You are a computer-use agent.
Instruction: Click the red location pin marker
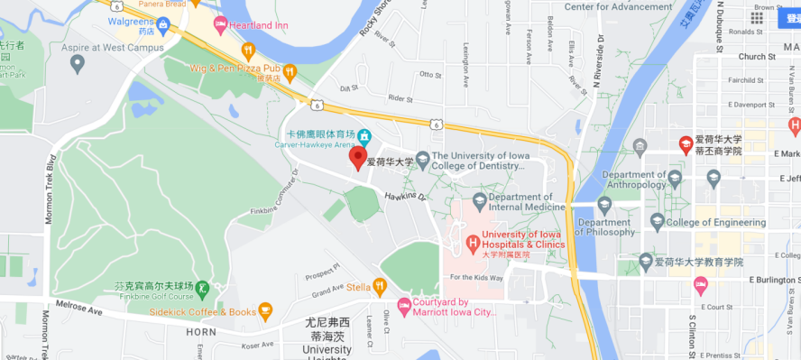pos(358,157)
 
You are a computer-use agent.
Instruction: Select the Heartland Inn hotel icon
pos(219,24)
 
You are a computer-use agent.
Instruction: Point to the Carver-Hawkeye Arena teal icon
pos(364,137)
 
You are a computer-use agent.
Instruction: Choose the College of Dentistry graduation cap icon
pos(421,160)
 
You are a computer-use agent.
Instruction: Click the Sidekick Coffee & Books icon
pos(264,312)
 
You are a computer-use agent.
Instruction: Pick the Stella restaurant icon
pos(380,288)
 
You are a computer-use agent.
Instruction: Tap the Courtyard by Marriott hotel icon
pos(403,307)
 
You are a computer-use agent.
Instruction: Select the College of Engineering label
pos(715,222)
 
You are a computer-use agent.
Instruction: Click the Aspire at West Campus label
pos(88,46)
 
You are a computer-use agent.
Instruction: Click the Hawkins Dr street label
pos(403,195)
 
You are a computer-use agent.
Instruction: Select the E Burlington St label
pos(774,280)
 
